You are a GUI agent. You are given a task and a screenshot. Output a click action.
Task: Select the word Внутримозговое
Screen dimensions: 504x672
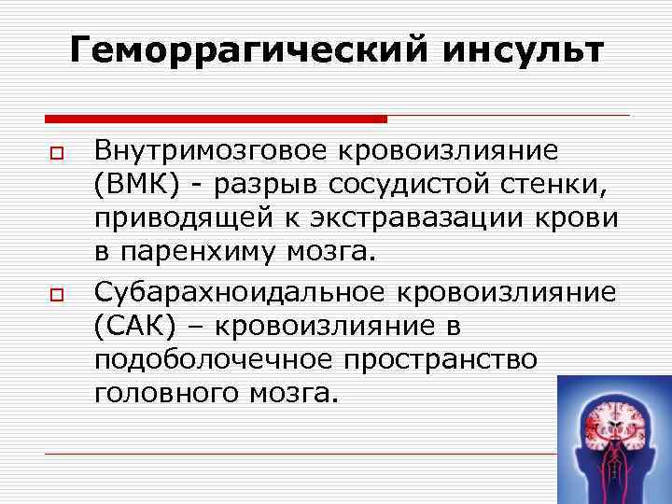217,150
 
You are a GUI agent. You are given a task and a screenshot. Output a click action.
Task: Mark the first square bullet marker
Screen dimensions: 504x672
56,151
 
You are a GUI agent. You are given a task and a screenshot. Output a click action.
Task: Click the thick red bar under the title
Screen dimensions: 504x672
216,119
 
